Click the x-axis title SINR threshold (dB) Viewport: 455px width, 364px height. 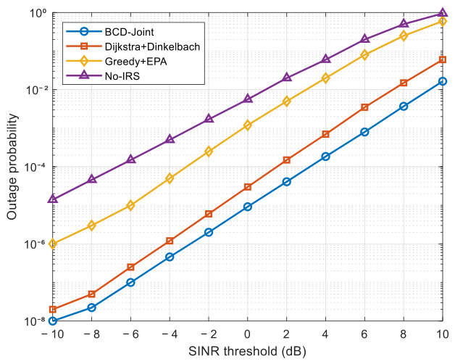tap(247, 351)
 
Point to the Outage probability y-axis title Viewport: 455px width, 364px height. tap(12, 167)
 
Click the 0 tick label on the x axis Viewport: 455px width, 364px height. tap(247, 334)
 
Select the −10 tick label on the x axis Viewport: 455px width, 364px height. tap(52, 334)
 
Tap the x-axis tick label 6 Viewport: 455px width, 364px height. tap(364, 334)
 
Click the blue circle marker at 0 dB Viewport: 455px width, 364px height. tap(248, 207)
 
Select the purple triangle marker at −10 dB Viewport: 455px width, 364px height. tap(53, 199)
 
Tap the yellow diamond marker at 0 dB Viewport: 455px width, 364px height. tap(248, 125)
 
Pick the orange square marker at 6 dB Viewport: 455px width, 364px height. tap(364, 107)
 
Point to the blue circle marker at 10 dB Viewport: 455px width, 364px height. tap(442, 81)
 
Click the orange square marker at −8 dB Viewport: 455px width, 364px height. tap(92, 294)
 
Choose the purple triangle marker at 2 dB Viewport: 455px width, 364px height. tap(286, 78)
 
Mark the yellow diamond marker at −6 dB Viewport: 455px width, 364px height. tap(130, 205)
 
